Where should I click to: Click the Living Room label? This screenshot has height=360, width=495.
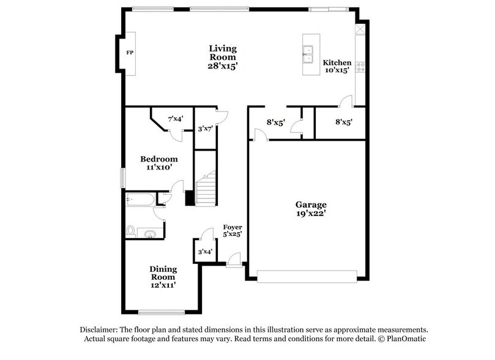[223, 57]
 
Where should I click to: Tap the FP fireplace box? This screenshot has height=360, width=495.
[130, 53]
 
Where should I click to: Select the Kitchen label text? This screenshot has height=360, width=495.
[337, 62]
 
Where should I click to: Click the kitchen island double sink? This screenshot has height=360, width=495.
[308, 53]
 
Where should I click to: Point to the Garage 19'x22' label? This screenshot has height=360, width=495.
[311, 209]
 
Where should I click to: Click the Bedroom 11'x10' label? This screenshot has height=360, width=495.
[158, 163]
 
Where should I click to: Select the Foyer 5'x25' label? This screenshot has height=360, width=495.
[232, 230]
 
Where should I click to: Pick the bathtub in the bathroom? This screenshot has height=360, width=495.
[140, 200]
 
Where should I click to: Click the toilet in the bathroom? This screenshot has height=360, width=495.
[130, 231]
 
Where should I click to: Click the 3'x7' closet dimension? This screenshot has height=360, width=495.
[205, 129]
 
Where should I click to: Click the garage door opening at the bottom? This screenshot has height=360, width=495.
[306, 277]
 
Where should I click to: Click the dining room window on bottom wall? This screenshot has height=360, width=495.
[162, 312]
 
